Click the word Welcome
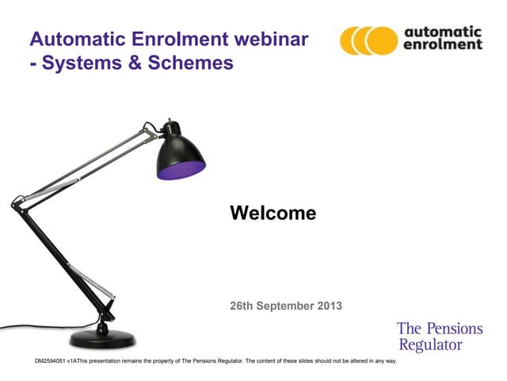tap(273, 214)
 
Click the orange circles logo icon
tap(368, 40)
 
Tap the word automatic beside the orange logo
tap(443, 31)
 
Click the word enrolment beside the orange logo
tap(443, 45)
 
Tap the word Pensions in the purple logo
tap(453, 329)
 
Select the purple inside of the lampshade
tap(181, 170)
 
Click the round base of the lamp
tap(103, 338)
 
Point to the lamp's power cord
tap(32, 326)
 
